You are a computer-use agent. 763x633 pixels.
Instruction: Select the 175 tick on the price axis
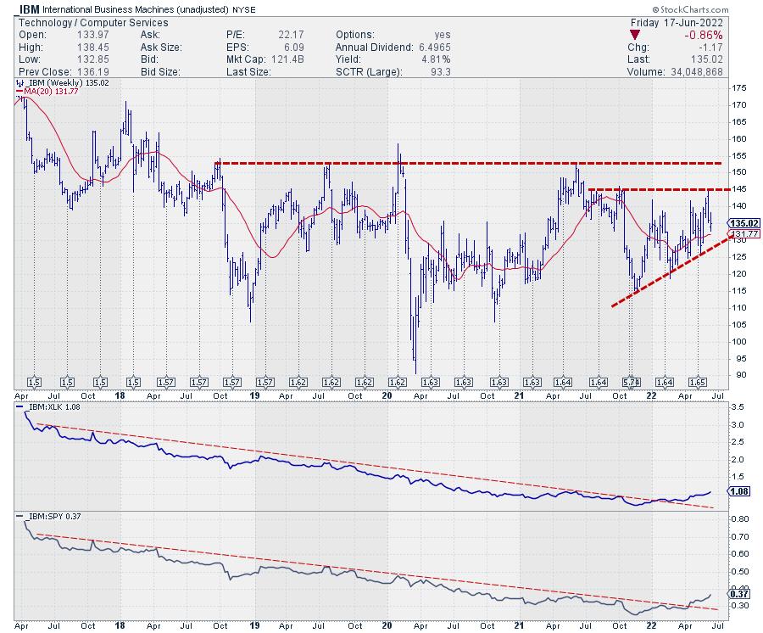738,87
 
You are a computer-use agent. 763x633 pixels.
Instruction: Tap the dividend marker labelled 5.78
629,383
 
